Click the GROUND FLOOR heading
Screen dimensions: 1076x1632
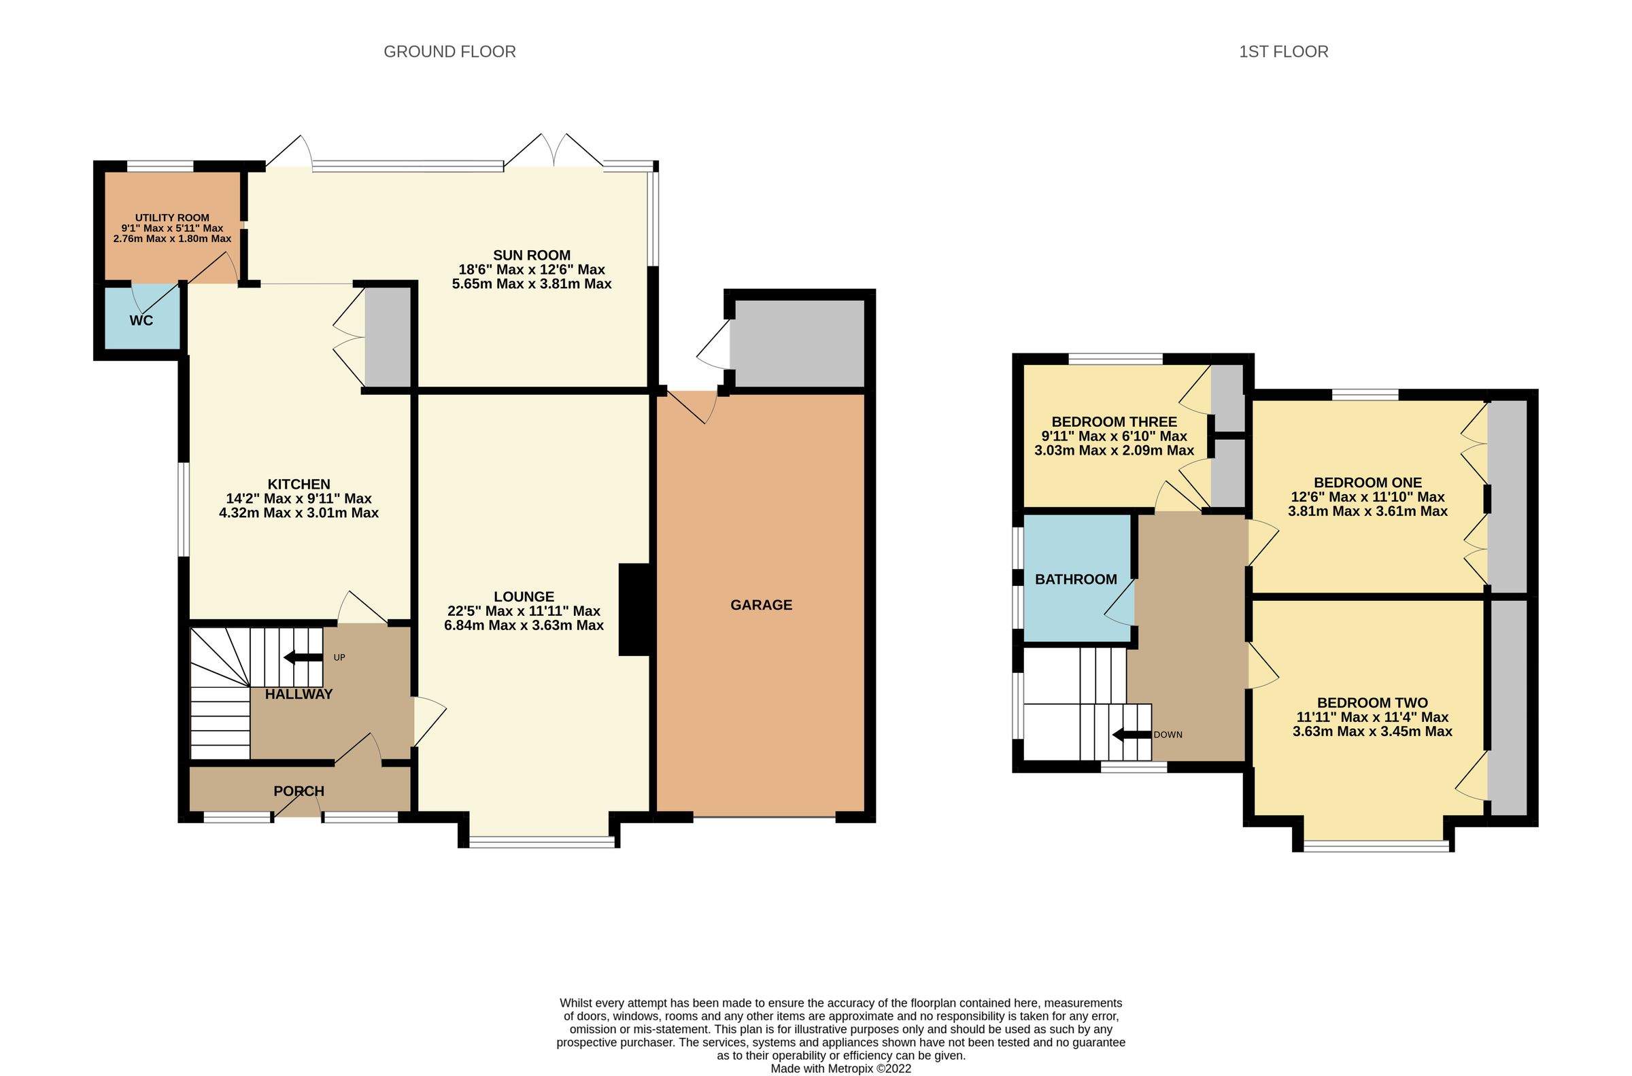coord(449,52)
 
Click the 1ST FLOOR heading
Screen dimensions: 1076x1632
coord(1282,52)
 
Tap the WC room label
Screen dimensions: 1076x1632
coord(141,320)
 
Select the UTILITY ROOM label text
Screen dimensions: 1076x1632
coord(171,218)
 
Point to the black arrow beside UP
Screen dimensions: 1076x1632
coord(303,657)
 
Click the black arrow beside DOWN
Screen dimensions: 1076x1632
coord(1131,735)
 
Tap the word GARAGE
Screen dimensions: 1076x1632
coord(760,604)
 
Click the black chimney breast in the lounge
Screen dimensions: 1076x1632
coord(634,609)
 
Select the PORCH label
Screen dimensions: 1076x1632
coord(299,791)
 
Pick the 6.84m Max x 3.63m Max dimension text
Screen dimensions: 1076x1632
coord(524,625)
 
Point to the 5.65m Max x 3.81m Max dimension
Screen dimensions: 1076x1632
coord(531,283)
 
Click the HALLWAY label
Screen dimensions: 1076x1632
coord(299,694)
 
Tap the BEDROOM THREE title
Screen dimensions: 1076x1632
coord(1114,421)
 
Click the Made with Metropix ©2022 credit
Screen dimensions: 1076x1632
coord(840,1069)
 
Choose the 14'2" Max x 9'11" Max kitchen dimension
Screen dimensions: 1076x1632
coord(299,498)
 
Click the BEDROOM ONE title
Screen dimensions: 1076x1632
coord(1367,483)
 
